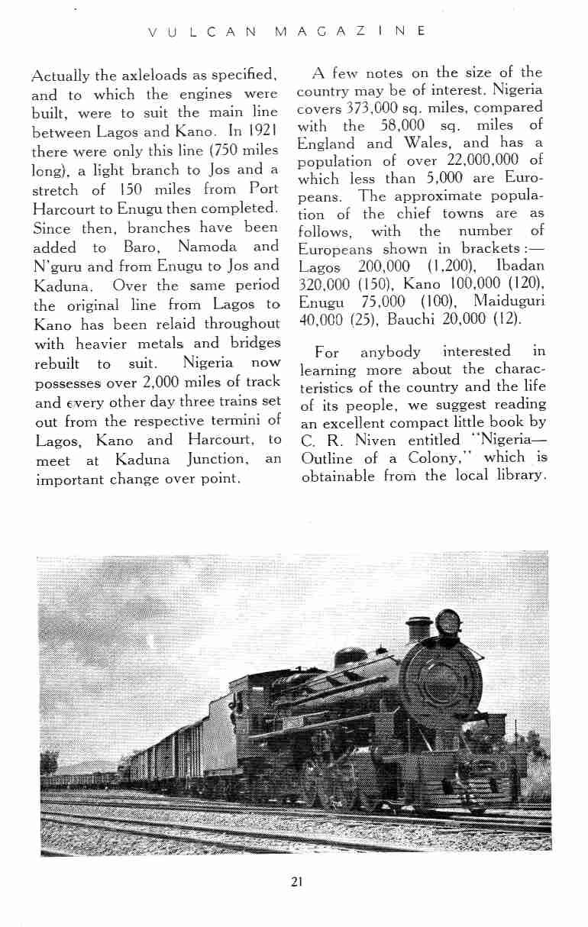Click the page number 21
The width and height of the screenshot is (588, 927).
pos(297,881)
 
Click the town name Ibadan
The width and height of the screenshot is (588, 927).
pos(519,266)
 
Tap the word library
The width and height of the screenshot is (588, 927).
pos(519,476)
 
